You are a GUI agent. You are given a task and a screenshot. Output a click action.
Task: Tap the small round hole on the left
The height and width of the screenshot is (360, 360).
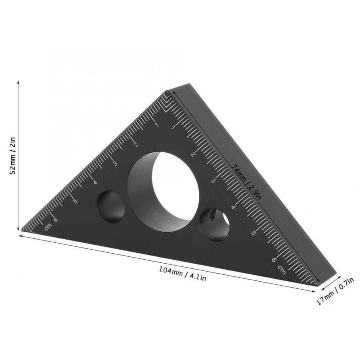click(111, 207)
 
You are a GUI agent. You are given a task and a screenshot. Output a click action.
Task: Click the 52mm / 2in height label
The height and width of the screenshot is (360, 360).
click(12, 156)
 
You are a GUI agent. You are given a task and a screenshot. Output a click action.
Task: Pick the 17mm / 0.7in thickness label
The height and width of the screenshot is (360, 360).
click(335, 292)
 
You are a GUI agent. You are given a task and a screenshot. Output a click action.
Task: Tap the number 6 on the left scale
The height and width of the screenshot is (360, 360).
click(55, 219)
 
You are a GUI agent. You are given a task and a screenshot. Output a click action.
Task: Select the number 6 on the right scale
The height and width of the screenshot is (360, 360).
click(274, 260)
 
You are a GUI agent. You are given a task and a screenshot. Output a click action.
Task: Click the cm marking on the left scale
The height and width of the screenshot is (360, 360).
click(48, 226)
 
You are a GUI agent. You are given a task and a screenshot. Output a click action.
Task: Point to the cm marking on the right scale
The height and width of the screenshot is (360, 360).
click(281, 270)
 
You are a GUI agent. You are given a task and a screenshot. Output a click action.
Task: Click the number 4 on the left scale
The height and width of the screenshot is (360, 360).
click(95, 182)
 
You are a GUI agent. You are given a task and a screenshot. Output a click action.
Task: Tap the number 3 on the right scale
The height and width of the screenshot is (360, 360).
click(213, 181)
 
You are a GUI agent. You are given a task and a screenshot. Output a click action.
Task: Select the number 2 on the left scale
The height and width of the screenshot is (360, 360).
click(136, 145)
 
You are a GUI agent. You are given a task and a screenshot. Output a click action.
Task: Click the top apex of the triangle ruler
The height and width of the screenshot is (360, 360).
click(166, 92)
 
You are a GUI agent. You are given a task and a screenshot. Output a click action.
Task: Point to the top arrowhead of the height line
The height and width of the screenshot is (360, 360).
click(18, 82)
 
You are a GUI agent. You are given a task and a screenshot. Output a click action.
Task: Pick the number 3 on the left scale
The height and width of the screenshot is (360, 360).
click(115, 164)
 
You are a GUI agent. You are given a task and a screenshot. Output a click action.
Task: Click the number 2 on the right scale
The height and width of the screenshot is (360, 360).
click(194, 154)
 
